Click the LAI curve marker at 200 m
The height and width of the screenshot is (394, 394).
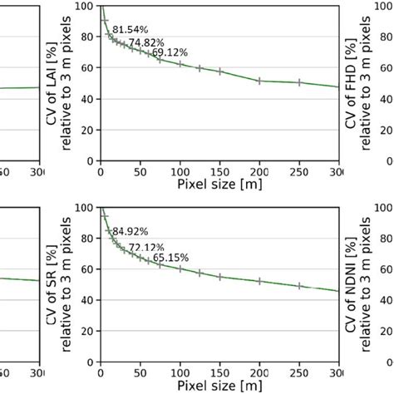click(260, 81)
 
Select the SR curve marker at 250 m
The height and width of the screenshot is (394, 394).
click(300, 285)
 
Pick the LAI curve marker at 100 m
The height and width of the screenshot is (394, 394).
click(180, 63)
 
